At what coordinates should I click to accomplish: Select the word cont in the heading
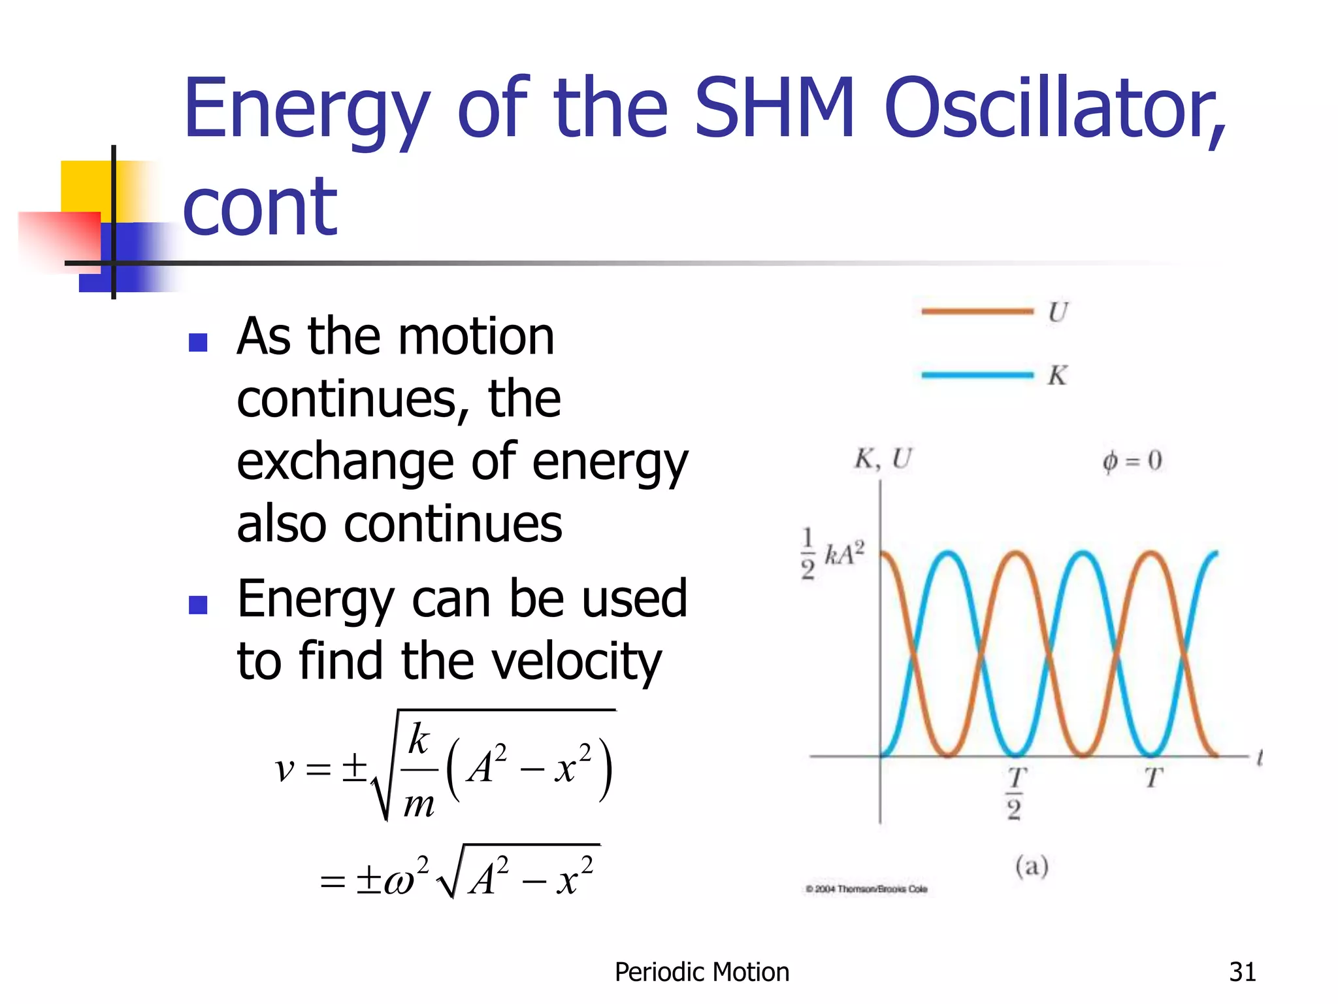260,208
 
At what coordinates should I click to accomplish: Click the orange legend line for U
977,312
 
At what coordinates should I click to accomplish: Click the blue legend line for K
977,375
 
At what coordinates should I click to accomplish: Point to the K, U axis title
882,460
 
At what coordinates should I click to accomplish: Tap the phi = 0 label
1132,461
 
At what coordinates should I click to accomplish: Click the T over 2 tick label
1015,793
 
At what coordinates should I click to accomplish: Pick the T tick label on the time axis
1153,778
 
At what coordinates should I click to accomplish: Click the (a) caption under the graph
1032,867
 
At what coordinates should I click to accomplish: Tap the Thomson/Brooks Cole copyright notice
866,889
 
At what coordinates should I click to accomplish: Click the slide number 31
1242,972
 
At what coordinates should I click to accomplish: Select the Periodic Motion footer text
702,972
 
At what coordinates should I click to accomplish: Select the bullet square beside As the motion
198,343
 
